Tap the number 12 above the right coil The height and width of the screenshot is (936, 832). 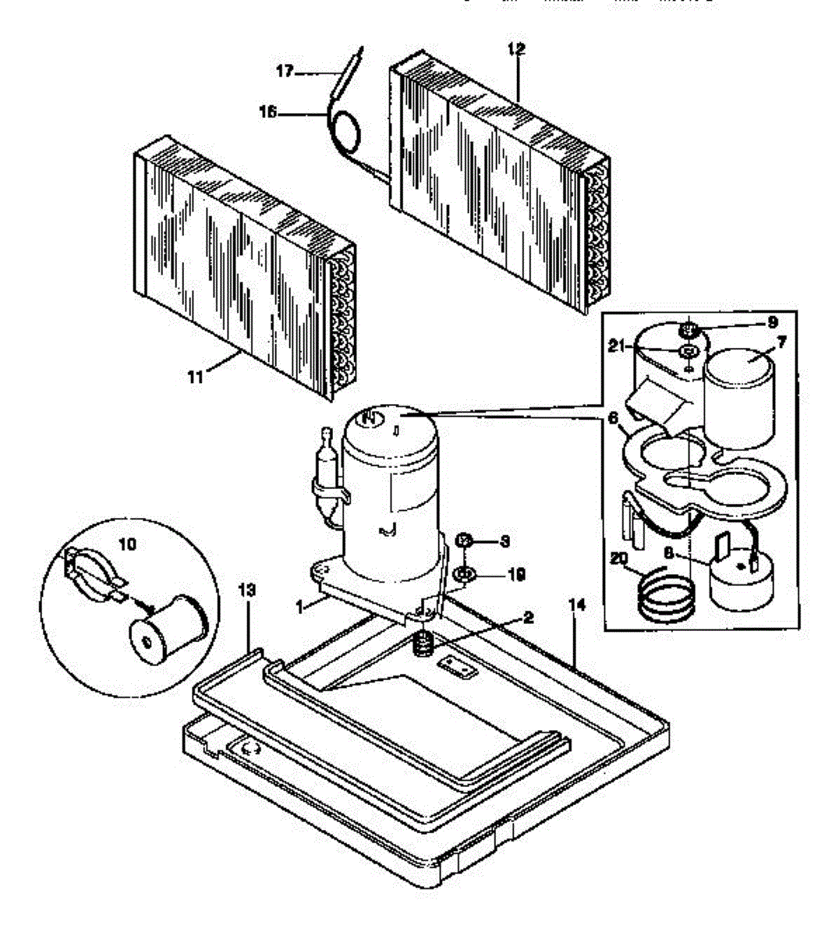[515, 49]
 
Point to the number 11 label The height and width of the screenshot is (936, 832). [195, 378]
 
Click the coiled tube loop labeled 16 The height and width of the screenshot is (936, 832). [345, 129]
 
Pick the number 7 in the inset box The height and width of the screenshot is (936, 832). [781, 341]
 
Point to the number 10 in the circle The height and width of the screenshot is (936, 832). [128, 543]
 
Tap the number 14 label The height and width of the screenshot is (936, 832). [578, 604]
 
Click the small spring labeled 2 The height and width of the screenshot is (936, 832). [422, 644]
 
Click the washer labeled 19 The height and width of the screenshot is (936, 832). [463, 576]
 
